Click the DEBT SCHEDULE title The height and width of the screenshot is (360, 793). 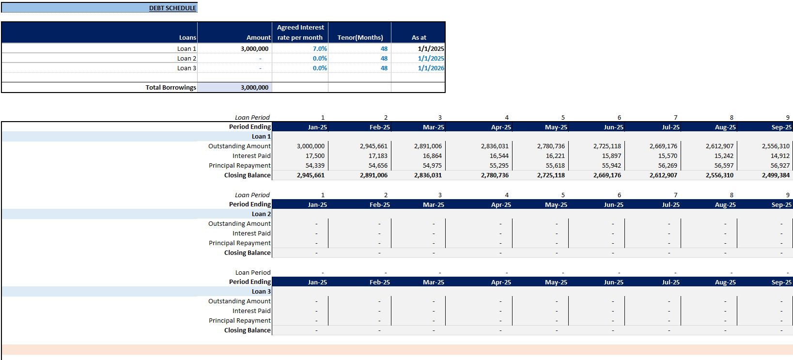[172, 8]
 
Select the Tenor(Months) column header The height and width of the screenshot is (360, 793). [360, 37]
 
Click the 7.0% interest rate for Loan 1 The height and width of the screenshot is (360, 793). [320, 49]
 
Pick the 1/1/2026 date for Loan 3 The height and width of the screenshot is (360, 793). [431, 68]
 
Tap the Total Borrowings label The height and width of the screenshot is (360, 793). [171, 88]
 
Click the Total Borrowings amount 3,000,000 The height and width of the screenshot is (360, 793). [254, 88]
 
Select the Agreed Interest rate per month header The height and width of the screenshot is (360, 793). [300, 32]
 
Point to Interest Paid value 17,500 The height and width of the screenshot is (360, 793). [315, 156]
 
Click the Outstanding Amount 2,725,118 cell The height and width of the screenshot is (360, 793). [607, 146]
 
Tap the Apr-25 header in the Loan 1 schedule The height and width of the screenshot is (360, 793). [501, 127]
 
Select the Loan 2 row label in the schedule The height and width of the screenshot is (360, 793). [261, 214]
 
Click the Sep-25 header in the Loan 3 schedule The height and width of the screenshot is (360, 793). [781, 282]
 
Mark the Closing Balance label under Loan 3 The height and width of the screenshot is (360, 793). [247, 330]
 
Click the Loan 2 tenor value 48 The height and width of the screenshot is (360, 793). [384, 59]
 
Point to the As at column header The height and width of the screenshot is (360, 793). [419, 37]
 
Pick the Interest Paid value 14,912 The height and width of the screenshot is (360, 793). [780, 156]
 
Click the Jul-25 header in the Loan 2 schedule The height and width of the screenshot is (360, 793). [670, 205]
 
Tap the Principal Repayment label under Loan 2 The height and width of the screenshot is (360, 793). [239, 243]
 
